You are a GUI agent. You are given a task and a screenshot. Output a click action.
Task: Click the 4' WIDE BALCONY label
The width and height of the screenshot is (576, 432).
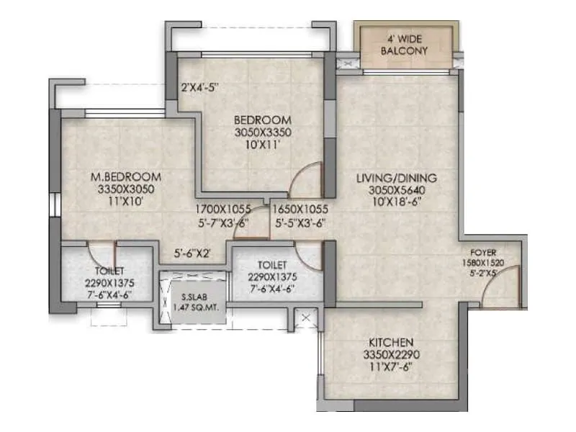coord(404,44)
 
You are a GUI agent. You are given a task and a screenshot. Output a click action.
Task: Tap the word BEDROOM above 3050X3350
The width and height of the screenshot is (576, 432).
coord(262,120)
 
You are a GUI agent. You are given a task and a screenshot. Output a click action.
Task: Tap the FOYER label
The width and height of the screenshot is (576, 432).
coord(482,253)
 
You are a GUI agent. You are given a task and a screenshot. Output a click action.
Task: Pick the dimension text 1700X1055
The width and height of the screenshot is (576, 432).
coord(222,210)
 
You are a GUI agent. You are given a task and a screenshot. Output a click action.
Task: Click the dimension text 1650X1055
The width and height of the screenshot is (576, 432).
coord(301,210)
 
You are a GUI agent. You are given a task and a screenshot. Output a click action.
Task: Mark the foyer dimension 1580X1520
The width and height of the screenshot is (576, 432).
coord(490,263)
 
